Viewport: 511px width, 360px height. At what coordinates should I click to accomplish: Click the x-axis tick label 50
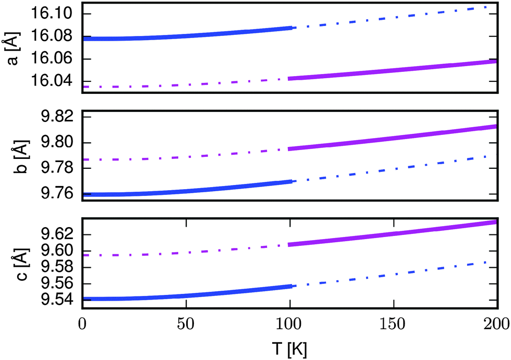click(185, 323)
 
